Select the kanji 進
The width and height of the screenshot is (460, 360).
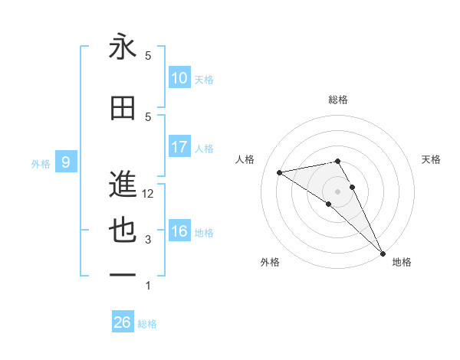(123, 184)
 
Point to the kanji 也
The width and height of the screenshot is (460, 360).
(123, 231)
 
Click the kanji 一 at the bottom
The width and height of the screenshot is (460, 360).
(123, 275)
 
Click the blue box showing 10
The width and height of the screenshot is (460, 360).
(179, 79)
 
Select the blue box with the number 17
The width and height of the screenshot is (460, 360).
(179, 147)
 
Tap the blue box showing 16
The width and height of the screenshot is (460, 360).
(179, 232)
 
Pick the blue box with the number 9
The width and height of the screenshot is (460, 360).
(66, 162)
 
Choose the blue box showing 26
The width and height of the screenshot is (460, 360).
(123, 322)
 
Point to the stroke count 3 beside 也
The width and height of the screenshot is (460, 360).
(149, 240)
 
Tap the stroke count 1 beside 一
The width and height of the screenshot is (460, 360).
(149, 286)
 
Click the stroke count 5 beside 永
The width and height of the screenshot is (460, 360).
(149, 56)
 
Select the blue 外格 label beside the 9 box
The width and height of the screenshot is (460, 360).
(40, 163)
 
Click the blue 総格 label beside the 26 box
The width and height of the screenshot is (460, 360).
(147, 323)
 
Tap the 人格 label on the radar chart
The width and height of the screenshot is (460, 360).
(245, 159)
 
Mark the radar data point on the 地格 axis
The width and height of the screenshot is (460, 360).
(383, 253)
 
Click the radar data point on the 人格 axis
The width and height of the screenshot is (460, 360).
(280, 172)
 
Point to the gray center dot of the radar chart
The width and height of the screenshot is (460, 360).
(337, 190)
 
